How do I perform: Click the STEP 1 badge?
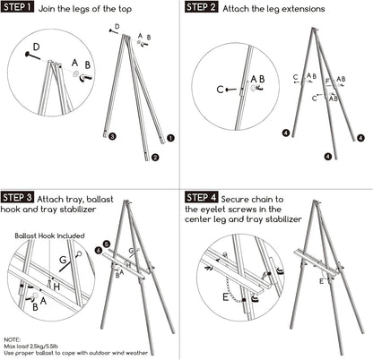17,7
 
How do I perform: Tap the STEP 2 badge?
202,7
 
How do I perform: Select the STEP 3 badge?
17,197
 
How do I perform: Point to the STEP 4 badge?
202,197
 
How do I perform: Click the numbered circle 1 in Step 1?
170,138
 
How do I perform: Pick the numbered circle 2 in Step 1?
155,157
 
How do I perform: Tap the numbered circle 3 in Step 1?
112,136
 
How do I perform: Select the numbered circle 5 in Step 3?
107,244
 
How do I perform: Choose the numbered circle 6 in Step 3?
99,250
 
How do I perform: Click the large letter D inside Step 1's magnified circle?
36,47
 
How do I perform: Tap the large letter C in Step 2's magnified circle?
220,90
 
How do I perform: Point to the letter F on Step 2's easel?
327,81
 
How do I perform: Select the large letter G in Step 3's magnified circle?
63,260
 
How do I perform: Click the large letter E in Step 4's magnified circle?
226,297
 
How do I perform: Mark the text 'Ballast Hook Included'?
49,236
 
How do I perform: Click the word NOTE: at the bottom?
13,339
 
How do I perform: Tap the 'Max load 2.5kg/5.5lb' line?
31,347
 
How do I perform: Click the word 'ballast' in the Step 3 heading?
100,199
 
